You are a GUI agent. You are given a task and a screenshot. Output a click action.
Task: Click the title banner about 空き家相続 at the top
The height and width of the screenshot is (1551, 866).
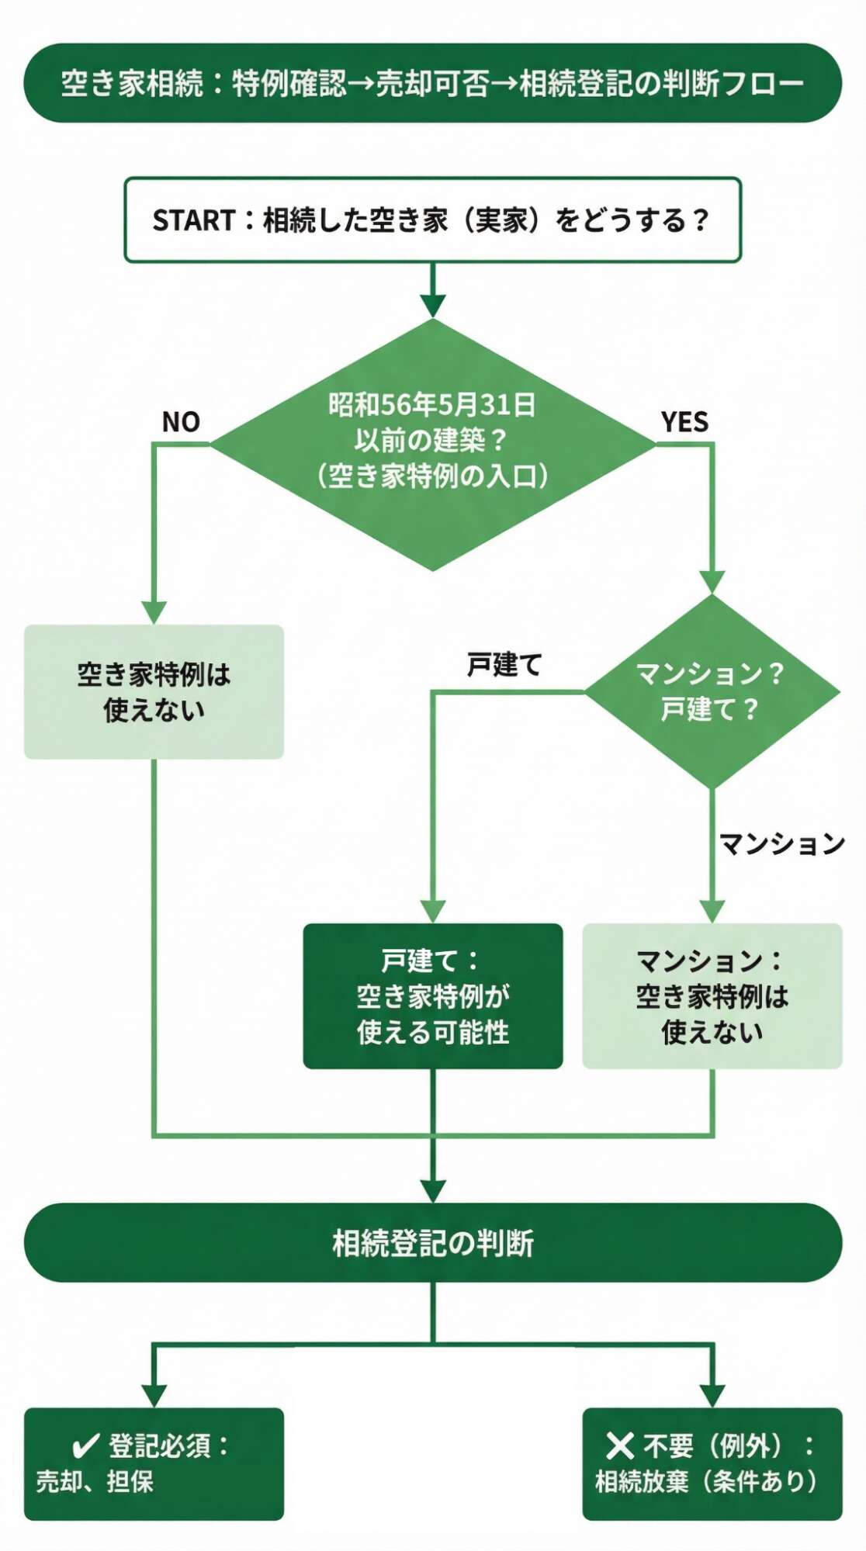(432, 83)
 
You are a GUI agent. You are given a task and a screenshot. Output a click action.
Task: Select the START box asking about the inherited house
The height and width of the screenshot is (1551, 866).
(432, 220)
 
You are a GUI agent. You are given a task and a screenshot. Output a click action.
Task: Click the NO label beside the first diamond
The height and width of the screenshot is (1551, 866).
(181, 422)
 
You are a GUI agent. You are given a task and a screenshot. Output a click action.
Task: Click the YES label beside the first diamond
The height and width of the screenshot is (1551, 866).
(684, 422)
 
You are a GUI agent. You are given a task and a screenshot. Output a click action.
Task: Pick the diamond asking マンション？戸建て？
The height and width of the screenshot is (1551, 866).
(712, 691)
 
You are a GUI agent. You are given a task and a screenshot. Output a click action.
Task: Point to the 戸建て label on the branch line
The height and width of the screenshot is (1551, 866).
(504, 665)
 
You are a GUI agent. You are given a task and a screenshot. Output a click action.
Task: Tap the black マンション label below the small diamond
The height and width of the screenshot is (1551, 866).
(781, 843)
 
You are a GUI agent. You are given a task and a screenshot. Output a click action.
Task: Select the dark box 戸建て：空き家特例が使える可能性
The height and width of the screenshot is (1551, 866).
(432, 996)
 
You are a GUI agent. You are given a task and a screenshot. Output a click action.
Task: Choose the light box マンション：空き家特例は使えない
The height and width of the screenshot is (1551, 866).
(712, 996)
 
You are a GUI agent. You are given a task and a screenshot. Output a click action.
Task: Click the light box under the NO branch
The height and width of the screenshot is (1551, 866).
(154, 691)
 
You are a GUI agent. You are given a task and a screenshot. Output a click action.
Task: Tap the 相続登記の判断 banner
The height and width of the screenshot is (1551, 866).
(432, 1243)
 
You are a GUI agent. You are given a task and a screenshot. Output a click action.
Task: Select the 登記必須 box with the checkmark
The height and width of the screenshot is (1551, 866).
(154, 1463)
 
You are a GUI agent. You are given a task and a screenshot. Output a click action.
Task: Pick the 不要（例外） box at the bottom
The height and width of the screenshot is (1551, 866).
(712, 1463)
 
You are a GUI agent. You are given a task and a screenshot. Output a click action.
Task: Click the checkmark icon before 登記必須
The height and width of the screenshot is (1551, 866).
(85, 1446)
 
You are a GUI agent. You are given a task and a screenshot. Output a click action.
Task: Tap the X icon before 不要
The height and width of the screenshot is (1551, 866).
(619, 1445)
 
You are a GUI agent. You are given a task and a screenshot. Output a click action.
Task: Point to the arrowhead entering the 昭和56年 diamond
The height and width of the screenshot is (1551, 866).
(432, 306)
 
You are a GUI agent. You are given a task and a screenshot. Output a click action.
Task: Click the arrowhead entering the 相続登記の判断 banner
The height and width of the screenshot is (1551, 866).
(432, 1191)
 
